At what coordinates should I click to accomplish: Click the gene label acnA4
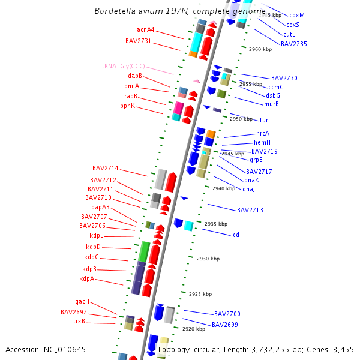click(146, 29)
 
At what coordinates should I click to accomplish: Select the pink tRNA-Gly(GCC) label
click(123, 66)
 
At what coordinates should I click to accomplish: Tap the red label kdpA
click(86, 279)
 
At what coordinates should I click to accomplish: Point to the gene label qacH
click(82, 302)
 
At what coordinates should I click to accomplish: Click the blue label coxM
click(296, 15)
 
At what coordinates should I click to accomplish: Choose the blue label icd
click(235, 235)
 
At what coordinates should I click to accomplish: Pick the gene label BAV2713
click(250, 210)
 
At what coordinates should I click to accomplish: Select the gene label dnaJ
click(248, 190)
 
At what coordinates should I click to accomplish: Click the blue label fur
click(264, 120)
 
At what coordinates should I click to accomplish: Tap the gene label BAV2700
click(227, 314)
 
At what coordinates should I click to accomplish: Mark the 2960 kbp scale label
click(260, 49)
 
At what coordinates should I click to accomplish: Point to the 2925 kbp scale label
click(200, 294)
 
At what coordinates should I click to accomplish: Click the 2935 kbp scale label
click(215, 224)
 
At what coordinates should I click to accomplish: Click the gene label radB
click(131, 96)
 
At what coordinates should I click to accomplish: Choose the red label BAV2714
click(105, 168)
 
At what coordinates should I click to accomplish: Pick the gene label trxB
click(79, 321)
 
